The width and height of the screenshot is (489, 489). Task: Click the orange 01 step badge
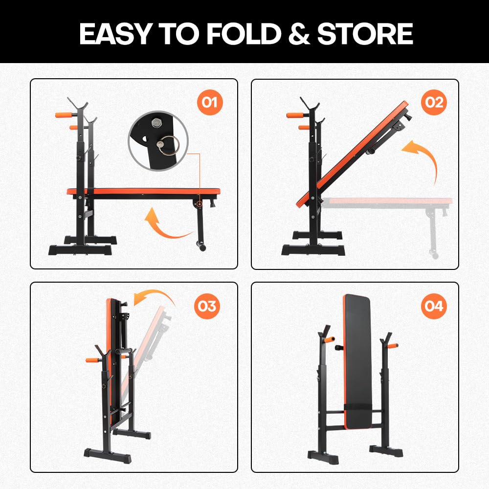click(x=209, y=103)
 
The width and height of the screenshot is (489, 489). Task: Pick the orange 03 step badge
click(x=207, y=306)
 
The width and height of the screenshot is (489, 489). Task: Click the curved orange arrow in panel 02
click(x=421, y=159)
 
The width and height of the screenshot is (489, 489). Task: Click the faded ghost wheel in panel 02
click(x=433, y=254)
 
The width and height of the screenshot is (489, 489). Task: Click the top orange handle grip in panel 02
click(x=294, y=116)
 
